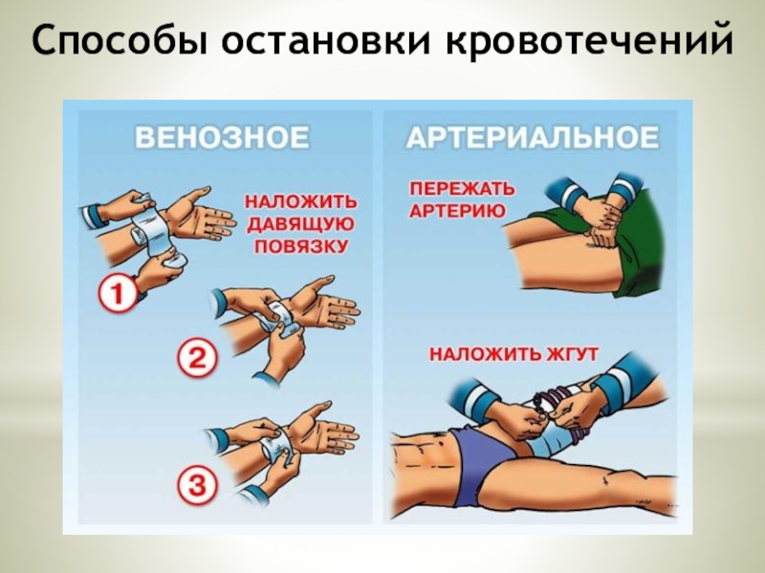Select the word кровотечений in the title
click(588, 40)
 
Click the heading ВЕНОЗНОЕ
click(222, 137)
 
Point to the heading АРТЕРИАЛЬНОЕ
click(533, 137)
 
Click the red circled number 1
click(118, 294)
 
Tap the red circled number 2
click(196, 360)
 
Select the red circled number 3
click(196, 485)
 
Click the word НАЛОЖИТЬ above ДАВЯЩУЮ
click(300, 202)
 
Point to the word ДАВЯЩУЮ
click(300, 224)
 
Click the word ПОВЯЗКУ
click(300, 246)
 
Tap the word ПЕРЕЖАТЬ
click(462, 188)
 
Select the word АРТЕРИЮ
click(458, 211)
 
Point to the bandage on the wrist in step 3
click(273, 447)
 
